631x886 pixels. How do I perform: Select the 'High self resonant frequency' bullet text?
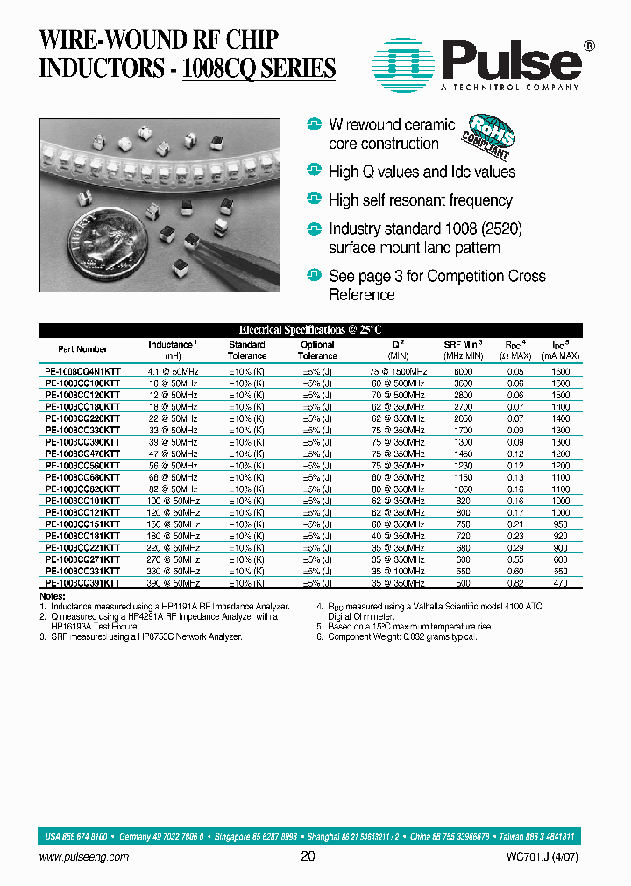click(x=421, y=200)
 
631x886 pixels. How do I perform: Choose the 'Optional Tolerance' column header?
click(x=317, y=350)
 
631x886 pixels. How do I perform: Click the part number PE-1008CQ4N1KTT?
click(x=83, y=372)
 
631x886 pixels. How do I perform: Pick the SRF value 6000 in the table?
click(x=463, y=372)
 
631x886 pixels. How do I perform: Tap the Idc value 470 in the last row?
click(x=561, y=582)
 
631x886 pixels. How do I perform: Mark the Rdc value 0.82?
click(x=515, y=582)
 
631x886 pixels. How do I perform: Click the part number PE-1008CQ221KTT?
click(x=83, y=547)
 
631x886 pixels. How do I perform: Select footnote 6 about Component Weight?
click(x=402, y=637)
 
